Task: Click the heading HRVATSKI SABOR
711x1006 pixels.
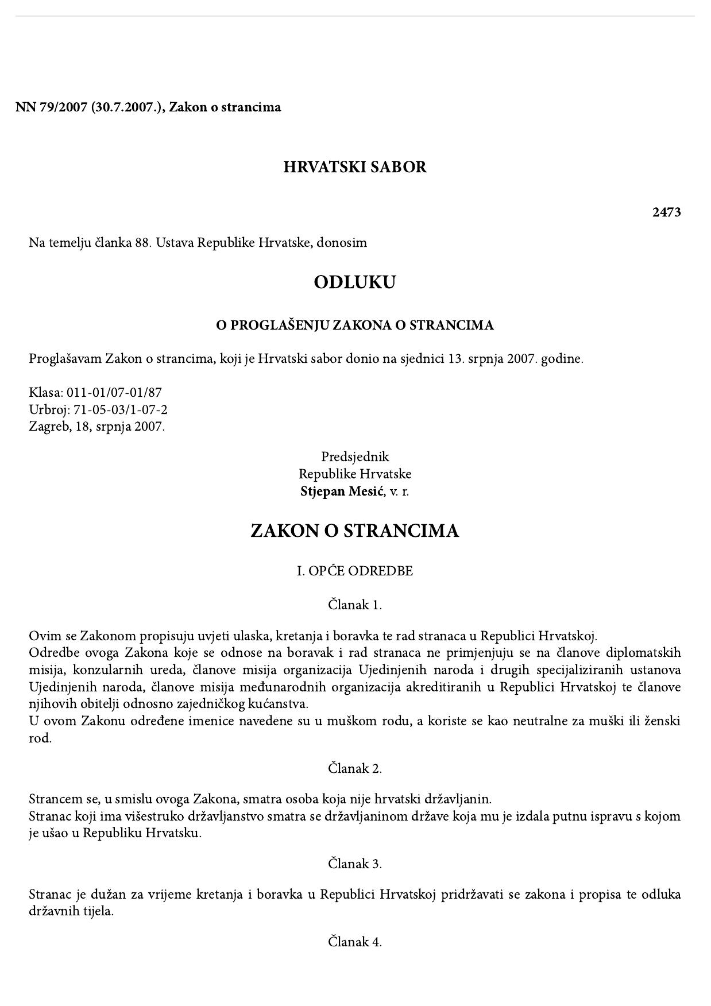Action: (x=355, y=167)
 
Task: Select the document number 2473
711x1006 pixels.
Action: (x=666, y=212)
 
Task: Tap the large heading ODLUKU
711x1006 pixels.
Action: (x=355, y=283)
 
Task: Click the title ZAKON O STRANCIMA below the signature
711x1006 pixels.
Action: (x=355, y=531)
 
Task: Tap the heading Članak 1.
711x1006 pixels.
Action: (x=355, y=605)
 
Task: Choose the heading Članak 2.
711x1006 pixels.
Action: (x=355, y=768)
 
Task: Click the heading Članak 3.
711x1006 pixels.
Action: (x=355, y=864)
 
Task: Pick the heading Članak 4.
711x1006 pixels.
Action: (x=355, y=942)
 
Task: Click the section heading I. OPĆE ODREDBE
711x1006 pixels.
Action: (x=355, y=571)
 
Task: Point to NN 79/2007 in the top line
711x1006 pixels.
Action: (x=50, y=107)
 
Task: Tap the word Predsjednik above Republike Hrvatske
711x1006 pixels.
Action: (x=355, y=457)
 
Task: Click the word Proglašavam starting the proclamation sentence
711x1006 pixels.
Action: (x=65, y=359)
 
